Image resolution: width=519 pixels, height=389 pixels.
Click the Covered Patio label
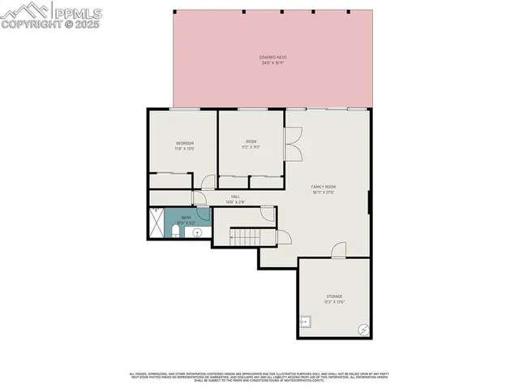(x=273, y=58)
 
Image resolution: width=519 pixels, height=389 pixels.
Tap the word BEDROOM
(x=184, y=144)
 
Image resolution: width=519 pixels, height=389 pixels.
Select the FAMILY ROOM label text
(x=324, y=187)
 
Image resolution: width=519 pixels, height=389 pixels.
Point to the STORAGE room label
(x=334, y=296)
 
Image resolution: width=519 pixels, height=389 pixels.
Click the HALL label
(x=235, y=197)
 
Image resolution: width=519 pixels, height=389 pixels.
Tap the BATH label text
(x=186, y=217)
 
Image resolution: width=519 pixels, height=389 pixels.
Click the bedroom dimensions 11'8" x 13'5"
(x=184, y=149)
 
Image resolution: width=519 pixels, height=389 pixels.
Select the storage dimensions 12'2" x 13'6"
(x=334, y=301)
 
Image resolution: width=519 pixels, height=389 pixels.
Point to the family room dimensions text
(x=324, y=192)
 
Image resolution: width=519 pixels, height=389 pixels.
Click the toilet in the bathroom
(x=177, y=234)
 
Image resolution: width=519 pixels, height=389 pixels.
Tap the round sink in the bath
(x=196, y=232)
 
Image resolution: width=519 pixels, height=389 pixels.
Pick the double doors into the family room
(x=294, y=142)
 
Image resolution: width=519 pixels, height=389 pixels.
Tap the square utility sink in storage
(x=305, y=321)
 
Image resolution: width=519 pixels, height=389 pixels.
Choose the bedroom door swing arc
(x=208, y=183)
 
